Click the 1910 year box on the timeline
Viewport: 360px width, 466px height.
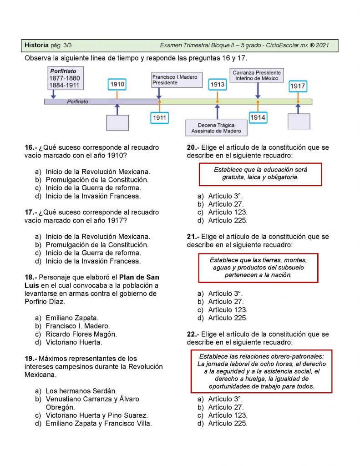(117, 85)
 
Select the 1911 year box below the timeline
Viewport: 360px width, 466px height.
(159, 118)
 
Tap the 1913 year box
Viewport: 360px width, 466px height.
(217, 85)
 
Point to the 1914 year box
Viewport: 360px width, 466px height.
(258, 117)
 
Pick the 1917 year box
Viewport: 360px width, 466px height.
(298, 86)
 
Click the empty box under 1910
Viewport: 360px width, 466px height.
(117, 123)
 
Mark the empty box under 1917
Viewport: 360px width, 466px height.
(299, 122)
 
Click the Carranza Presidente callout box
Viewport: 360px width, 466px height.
(257, 76)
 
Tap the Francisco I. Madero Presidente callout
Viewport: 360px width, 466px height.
(175, 80)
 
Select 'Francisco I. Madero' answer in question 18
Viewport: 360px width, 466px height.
(78, 326)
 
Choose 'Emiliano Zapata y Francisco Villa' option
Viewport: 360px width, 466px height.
(98, 423)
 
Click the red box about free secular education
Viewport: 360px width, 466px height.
(260, 173)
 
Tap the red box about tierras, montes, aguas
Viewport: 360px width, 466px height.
(258, 268)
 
